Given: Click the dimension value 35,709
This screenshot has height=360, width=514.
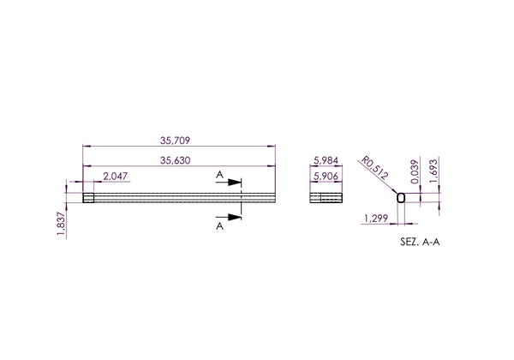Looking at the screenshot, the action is tap(175, 141).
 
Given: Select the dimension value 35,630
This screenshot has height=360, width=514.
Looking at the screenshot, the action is tap(175, 160).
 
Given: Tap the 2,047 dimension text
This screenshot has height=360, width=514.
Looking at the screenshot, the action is tap(116, 177).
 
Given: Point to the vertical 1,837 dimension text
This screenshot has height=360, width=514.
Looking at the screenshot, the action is tap(62, 223).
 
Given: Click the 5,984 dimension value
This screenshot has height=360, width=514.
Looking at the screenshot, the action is tap(326, 160).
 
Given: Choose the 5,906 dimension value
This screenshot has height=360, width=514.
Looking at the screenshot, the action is tap(326, 177).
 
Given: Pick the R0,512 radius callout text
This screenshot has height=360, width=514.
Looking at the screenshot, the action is tap(374, 168).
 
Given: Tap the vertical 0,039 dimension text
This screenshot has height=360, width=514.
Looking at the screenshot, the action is tap(415, 171).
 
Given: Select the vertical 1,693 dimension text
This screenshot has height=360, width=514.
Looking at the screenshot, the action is tap(433, 171).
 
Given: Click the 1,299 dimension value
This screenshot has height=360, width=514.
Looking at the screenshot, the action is tap(376, 218).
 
